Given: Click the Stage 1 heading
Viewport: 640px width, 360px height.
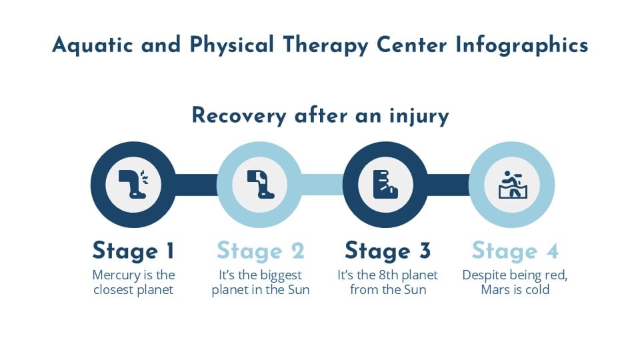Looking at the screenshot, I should [x=133, y=251].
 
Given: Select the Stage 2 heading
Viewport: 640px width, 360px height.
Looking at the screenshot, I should [x=260, y=251].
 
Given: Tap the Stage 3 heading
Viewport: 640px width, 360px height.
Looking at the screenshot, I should [x=387, y=251].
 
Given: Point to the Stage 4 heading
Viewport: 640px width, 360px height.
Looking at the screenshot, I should [x=515, y=251].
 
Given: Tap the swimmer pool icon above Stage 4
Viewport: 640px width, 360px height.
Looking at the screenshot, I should [x=512, y=185].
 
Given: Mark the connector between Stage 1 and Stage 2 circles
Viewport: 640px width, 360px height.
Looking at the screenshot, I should [x=197, y=185].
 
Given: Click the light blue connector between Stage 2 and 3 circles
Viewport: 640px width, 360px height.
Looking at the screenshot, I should [x=323, y=185].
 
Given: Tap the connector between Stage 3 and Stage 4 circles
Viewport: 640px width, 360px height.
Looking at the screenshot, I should [x=449, y=185].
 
